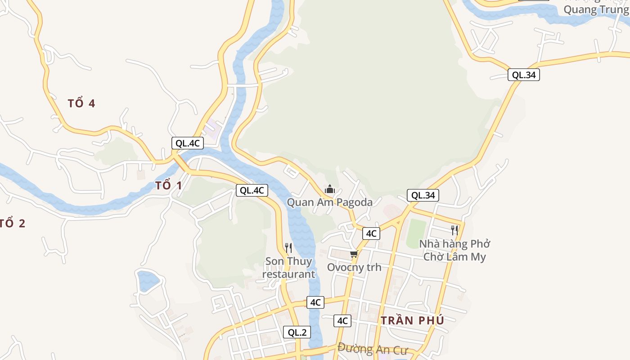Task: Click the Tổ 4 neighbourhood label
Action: pos(81,103)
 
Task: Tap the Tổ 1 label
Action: pos(168,185)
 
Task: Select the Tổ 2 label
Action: pos(12,223)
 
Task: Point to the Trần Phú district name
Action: pos(412,320)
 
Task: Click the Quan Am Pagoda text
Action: pos(330,202)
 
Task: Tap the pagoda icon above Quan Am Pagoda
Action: pos(330,189)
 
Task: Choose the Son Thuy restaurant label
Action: pos(288,268)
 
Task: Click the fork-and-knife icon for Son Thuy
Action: pos(288,248)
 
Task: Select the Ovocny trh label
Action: pos(354,267)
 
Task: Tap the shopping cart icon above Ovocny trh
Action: pos(354,255)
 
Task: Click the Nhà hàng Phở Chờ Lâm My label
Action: pos(454,251)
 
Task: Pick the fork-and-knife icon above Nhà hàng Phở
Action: pos(454,230)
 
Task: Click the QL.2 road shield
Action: pos(297,333)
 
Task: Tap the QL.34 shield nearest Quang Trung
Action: pos(524,75)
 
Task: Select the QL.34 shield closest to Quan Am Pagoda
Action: pos(423,195)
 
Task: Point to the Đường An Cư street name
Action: pos(372,349)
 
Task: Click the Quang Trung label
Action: pos(596,9)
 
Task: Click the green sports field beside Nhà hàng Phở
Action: pos(416,233)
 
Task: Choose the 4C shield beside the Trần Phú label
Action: pos(342,321)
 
